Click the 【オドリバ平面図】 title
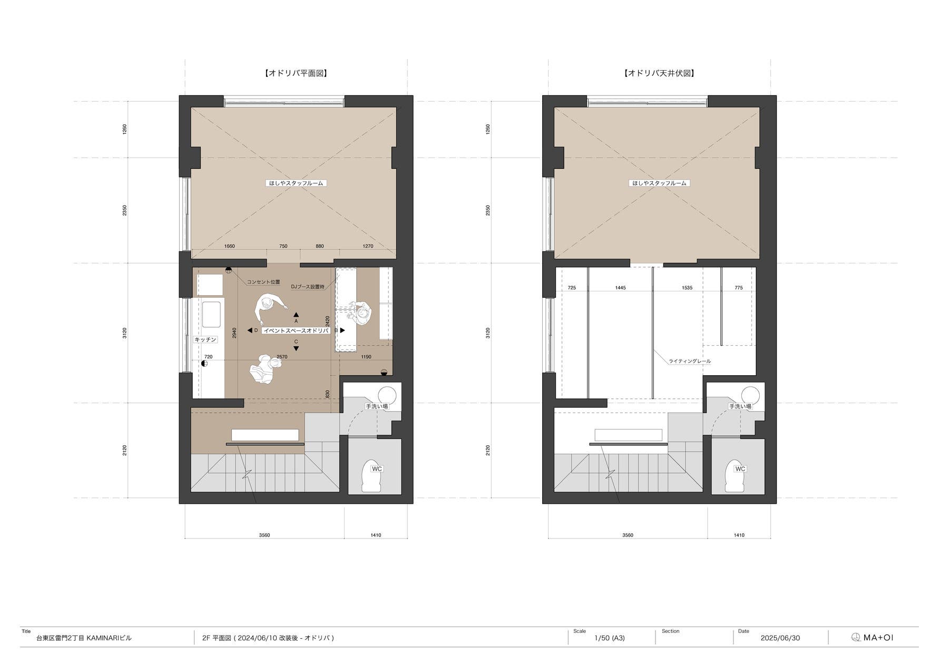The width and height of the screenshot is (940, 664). coord(296,73)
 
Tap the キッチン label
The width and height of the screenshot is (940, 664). coord(205,340)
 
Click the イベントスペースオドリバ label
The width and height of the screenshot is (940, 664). coord(296,330)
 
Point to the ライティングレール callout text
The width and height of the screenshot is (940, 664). coord(690,362)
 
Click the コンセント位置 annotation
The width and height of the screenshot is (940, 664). coord(263,282)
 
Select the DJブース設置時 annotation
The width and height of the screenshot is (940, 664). coord(308,287)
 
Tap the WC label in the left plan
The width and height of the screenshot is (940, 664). coord(377,469)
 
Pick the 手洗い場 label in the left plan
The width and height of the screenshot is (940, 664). coord(377,406)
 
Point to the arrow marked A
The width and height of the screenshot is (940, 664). coord(296,315)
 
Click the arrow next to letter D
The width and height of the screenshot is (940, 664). coord(250,330)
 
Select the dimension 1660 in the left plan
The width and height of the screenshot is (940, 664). coord(230,246)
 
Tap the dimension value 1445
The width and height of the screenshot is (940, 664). coord(621,288)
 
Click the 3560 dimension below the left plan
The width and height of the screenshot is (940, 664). coord(265,535)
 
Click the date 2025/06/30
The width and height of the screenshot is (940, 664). coord(780,638)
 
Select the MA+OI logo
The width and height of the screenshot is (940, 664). coord(873,638)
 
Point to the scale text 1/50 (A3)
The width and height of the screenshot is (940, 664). coord(610,638)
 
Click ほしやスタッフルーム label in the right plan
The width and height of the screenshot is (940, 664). coord(659,183)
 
